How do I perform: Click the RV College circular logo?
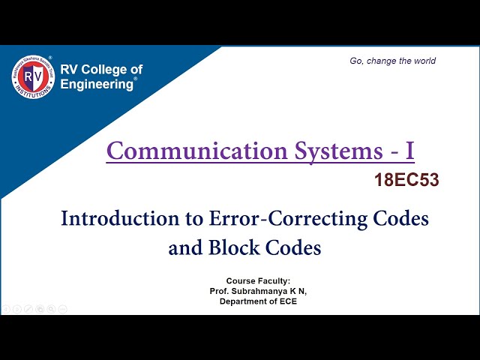click(33, 76)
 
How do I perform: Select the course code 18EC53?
click(406, 180)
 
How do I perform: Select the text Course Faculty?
click(258, 280)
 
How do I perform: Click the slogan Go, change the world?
click(392, 61)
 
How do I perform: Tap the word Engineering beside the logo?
click(96, 84)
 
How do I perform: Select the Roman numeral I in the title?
click(409, 151)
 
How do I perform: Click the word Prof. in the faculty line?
click(220, 290)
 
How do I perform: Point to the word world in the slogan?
click(423, 61)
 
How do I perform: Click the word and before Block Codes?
click(183, 247)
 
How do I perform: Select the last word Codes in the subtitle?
click(293, 247)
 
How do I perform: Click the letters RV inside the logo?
click(32, 76)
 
